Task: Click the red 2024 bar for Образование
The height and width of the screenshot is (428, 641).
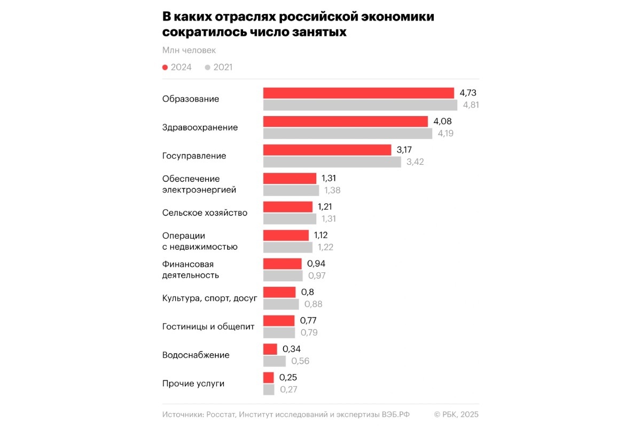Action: pyautogui.click(x=358, y=93)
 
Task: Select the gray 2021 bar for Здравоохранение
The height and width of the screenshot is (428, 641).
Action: pyautogui.click(x=348, y=133)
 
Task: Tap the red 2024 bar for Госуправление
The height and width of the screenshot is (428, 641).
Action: pyautogui.click(x=327, y=150)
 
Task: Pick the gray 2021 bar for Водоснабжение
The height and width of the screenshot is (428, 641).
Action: pyautogui.click(x=275, y=361)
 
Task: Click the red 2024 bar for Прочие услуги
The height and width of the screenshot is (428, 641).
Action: pyautogui.click(x=269, y=378)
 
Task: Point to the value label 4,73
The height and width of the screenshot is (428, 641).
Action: pyautogui.click(x=468, y=93)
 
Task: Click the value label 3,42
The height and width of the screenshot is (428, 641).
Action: pyautogui.click(x=415, y=162)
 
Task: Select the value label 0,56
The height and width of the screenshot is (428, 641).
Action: pyautogui.click(x=300, y=361)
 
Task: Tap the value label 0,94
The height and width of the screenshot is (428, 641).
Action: pyautogui.click(x=316, y=263)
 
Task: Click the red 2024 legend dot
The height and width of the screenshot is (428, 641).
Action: pyautogui.click(x=165, y=67)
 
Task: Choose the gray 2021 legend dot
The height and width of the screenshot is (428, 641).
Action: pyautogui.click(x=207, y=67)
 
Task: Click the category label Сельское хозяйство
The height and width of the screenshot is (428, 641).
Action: pyautogui.click(x=205, y=213)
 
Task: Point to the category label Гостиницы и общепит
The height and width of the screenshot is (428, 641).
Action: pyautogui.click(x=208, y=326)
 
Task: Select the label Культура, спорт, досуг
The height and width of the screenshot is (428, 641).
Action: pyautogui.click(x=210, y=298)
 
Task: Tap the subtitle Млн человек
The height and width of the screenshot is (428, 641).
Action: pyautogui.click(x=189, y=50)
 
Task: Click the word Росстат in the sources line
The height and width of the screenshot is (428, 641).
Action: pyautogui.click(x=221, y=415)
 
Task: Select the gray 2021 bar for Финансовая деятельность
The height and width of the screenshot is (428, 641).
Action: pyautogui.click(x=283, y=276)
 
